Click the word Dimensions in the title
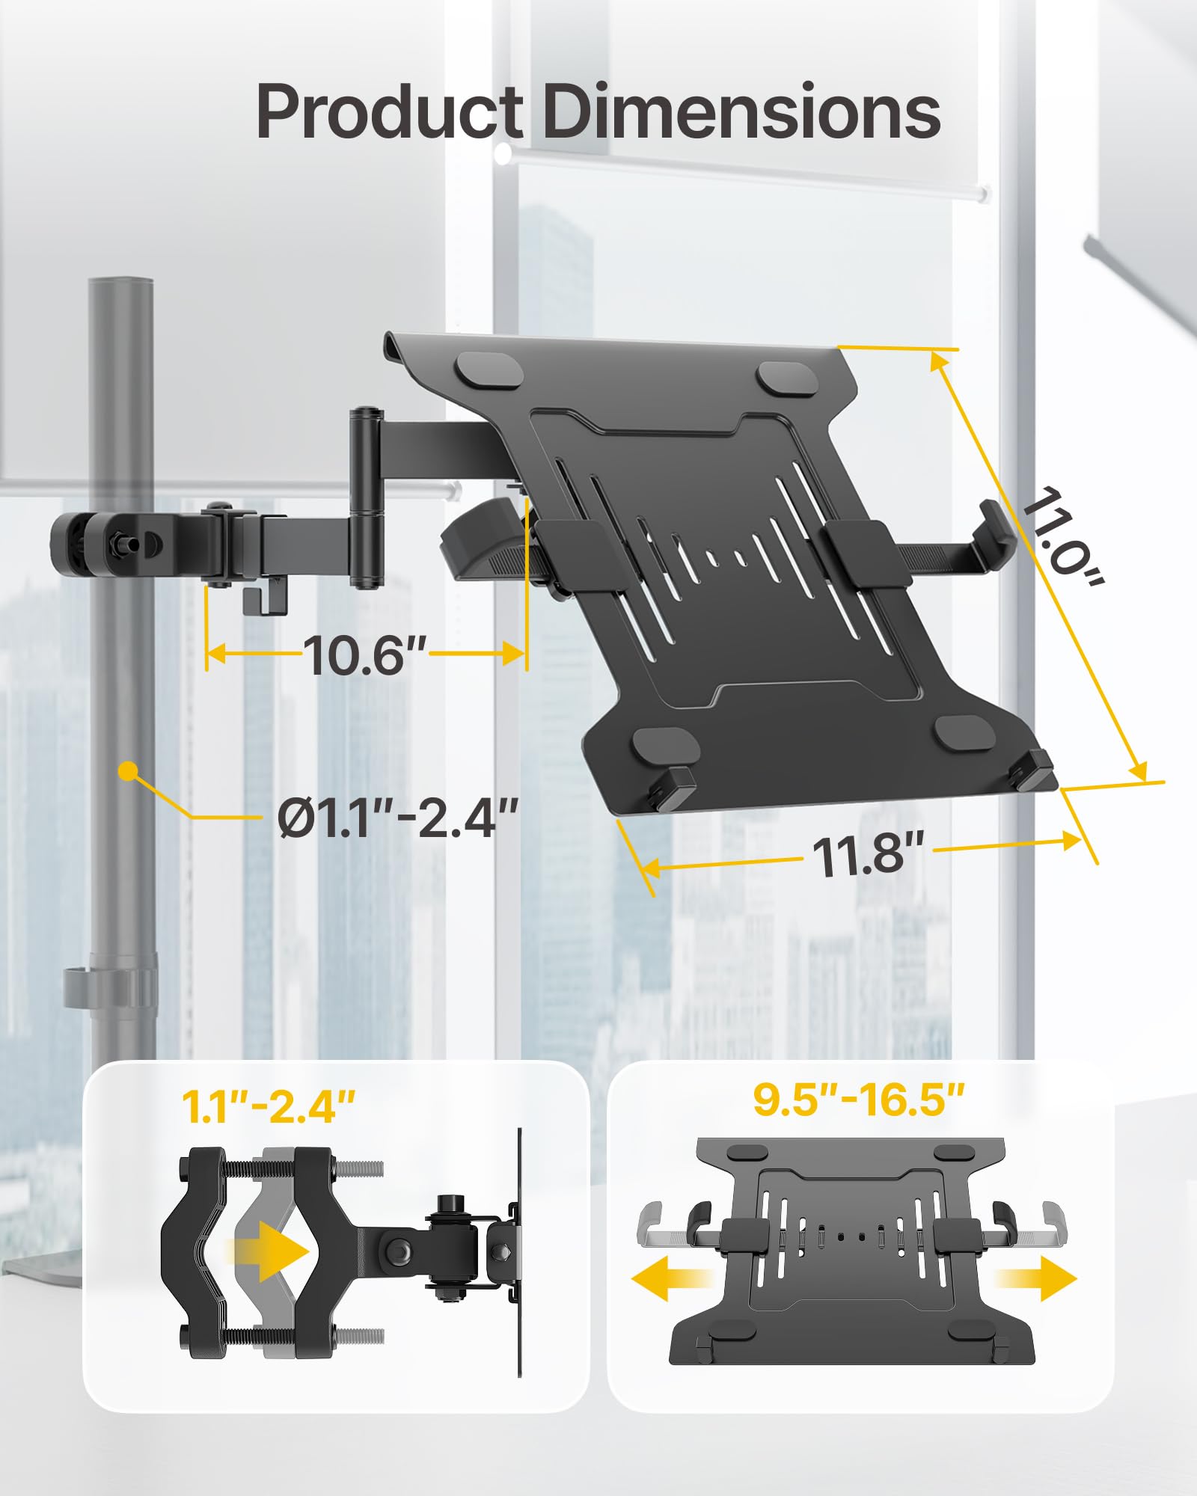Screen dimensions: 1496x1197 pos(741,112)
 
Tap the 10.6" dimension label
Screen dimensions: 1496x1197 pos(364,656)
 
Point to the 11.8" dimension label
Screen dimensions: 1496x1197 pos(868,853)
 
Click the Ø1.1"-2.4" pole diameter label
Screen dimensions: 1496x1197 pos(397,818)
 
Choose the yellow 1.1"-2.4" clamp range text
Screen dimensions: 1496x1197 pos(269,1106)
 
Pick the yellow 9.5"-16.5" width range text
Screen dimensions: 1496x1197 pos(859,1099)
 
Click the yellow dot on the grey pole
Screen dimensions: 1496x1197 pos(129,771)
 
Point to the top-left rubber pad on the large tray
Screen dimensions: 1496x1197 pos(491,370)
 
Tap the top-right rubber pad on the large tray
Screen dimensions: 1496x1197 pos(786,378)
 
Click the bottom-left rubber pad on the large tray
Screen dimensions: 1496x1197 pos(665,744)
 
